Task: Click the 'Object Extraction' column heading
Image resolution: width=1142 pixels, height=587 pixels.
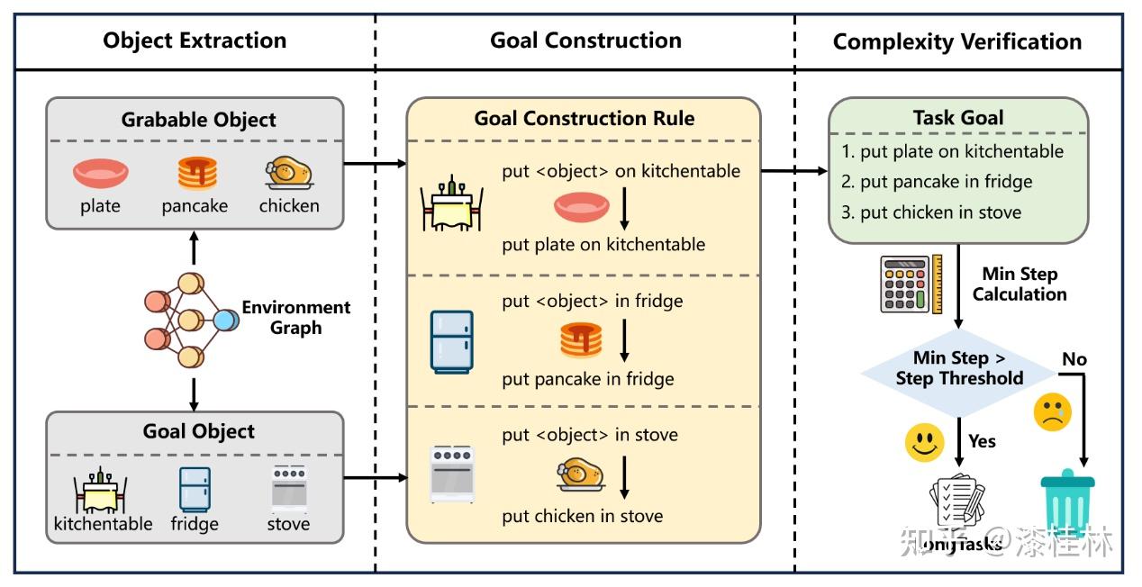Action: [195, 41]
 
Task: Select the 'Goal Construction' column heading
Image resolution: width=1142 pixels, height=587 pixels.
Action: [585, 41]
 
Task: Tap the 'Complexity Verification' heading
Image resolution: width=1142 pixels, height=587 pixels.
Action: [957, 41]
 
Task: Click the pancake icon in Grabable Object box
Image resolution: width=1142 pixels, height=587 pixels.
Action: [197, 172]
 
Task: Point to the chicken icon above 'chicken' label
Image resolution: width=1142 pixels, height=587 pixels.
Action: [288, 171]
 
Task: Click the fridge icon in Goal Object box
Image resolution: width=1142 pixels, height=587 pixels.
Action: [195, 489]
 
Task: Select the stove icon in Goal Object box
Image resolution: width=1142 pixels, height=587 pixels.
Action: [288, 489]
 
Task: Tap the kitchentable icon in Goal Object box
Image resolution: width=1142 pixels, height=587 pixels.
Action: [100, 491]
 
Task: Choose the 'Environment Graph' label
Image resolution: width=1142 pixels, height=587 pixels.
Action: [295, 317]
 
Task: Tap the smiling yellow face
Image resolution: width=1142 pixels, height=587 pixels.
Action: [924, 443]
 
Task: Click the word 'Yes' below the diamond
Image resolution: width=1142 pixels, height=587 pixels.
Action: [982, 441]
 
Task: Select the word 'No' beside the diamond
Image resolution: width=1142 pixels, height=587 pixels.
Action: [1074, 359]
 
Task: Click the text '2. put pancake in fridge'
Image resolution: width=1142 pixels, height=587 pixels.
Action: [937, 182]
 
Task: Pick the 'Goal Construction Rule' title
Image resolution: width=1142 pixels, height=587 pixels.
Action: [585, 119]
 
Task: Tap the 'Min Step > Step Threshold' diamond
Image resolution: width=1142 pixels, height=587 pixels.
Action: [958, 368]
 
